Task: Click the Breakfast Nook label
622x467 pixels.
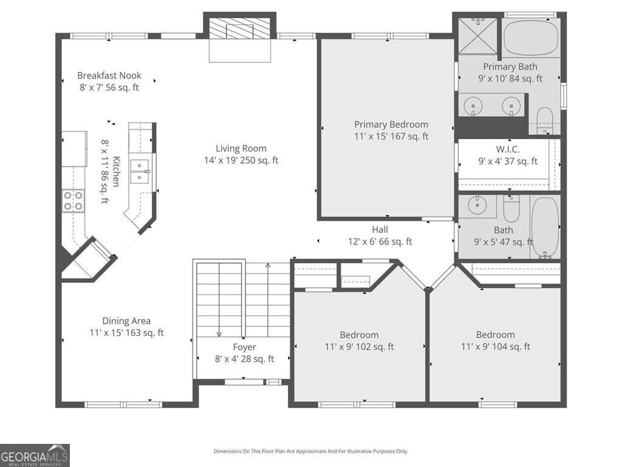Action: pos(109,75)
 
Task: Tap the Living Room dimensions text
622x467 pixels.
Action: pos(241,161)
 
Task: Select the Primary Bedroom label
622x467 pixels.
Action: pos(391,125)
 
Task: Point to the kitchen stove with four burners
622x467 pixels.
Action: pos(73,201)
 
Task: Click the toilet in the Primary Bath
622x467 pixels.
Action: pos(545,119)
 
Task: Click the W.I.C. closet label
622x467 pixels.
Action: pos(507,149)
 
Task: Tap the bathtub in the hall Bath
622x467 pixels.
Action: pos(545,226)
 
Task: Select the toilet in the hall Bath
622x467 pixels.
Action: pos(511,210)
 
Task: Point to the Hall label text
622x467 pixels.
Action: pos(380,229)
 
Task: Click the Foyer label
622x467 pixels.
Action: pos(244,347)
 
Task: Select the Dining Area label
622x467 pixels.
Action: pos(126,321)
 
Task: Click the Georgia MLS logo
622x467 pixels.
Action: pos(35,455)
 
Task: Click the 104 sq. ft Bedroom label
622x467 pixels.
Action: pos(495,335)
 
